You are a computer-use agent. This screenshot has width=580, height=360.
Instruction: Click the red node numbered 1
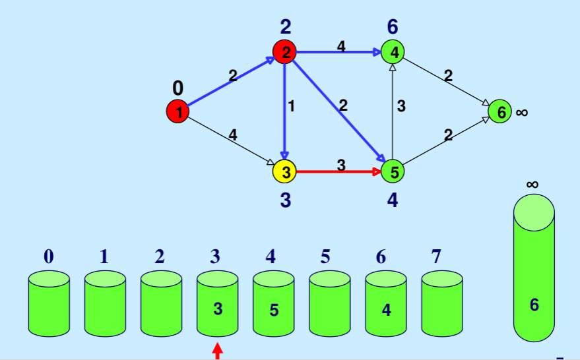coord(177,111)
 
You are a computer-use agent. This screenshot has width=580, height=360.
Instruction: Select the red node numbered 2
coord(284,52)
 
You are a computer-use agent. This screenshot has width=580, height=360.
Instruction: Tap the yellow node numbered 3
coord(284,171)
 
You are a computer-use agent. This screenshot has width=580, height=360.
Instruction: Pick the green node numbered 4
coord(393,52)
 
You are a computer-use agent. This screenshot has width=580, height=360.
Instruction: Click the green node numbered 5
coord(393,171)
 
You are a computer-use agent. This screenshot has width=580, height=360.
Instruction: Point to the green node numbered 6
coord(500,112)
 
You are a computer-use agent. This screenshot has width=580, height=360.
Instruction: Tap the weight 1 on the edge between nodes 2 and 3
coord(291,105)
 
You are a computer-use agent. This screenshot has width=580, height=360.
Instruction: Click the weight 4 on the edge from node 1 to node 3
coord(232,135)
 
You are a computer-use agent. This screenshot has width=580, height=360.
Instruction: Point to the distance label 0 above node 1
coord(177,88)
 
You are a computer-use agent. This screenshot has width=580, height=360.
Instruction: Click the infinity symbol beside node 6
coord(522,113)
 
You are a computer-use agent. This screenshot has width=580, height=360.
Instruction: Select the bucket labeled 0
coord(49,303)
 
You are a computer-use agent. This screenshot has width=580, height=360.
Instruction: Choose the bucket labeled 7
coord(442,303)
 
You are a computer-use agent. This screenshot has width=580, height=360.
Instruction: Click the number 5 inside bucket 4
coord(274,309)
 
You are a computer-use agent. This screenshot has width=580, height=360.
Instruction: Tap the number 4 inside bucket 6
coord(386,309)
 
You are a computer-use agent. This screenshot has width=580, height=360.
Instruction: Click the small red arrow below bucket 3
coord(217,353)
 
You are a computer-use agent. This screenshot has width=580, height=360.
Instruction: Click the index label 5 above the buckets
coord(325,256)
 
